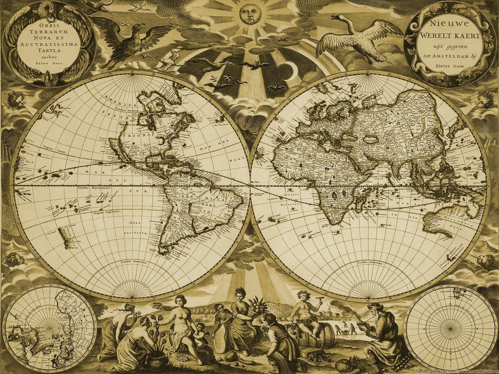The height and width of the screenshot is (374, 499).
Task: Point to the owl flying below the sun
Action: [252, 64]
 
